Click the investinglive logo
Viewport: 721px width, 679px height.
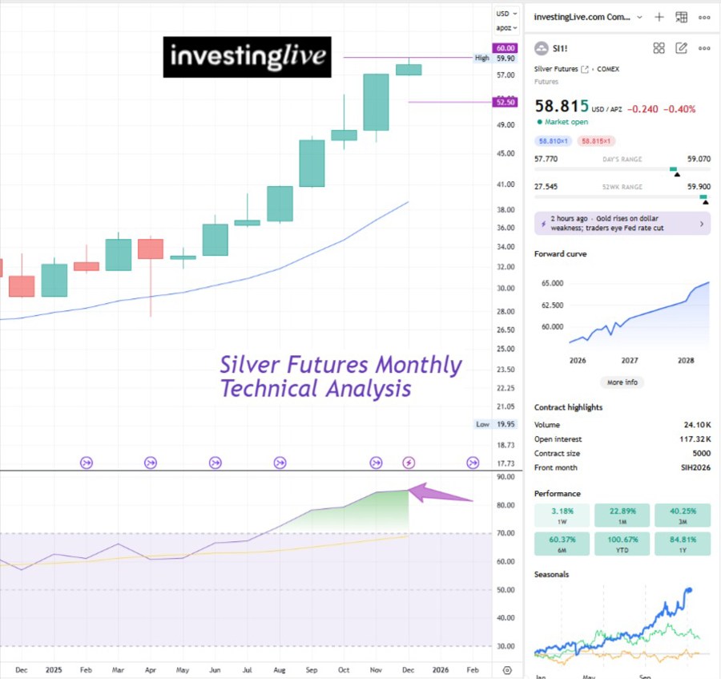point(247,57)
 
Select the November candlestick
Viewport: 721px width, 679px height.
point(376,102)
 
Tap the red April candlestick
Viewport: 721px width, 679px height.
point(151,249)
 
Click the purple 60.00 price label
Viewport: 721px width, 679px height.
point(506,48)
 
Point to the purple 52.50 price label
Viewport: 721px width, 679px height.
point(506,102)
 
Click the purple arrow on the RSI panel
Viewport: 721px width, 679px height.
point(441,494)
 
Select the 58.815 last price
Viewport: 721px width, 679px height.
point(562,107)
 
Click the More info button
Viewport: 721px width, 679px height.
point(622,382)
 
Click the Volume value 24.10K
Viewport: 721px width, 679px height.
point(695,425)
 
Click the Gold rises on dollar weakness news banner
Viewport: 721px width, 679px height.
point(622,224)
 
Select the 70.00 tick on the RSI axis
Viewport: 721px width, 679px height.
point(506,533)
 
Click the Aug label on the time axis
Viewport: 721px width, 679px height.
point(279,669)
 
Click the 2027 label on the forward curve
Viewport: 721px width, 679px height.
point(630,361)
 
